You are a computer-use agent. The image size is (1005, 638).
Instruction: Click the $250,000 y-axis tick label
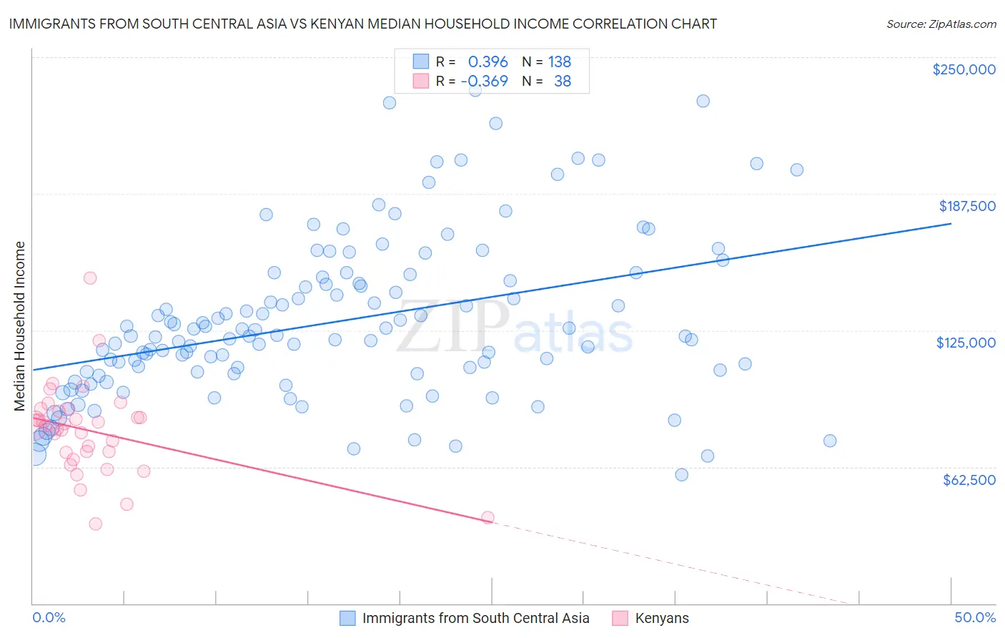tap(964, 69)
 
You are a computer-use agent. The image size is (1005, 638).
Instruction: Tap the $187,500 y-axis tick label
tap(966, 206)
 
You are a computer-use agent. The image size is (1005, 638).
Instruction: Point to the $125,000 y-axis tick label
tap(966, 343)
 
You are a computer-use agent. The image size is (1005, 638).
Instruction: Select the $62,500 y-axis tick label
tap(969, 479)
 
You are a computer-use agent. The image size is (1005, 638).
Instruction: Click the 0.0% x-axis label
tap(49, 617)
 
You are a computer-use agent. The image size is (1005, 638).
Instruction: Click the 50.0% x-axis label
tap(975, 617)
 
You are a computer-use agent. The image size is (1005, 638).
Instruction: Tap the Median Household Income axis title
tap(19, 326)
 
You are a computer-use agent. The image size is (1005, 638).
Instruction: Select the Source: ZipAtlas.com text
tap(941, 24)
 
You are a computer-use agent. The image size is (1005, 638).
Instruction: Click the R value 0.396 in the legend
tap(487, 62)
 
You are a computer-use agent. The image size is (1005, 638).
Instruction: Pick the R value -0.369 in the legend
tap(484, 81)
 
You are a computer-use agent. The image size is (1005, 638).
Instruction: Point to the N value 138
tap(559, 62)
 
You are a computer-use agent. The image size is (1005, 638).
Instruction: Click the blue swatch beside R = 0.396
tap(421, 62)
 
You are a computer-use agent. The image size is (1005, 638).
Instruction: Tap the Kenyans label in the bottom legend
tap(662, 618)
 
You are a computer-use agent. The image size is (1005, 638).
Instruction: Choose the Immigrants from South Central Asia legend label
tap(475, 618)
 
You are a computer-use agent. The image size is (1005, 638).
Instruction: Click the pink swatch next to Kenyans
tap(620, 618)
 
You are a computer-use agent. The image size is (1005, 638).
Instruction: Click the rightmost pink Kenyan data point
tap(487, 517)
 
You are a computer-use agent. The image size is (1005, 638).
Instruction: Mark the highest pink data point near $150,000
tap(90, 278)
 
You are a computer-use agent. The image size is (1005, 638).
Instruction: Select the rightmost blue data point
tap(829, 441)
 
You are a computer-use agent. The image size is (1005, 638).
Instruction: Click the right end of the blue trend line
tap(951, 224)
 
